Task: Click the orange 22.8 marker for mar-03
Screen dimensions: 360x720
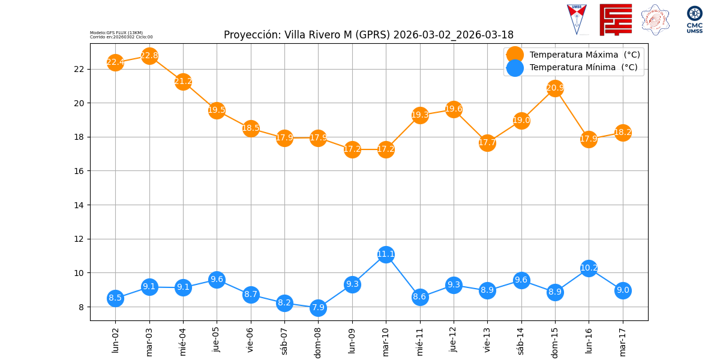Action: pyautogui.click(x=149, y=56)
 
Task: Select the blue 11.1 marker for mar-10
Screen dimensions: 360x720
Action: pyautogui.click(x=386, y=254)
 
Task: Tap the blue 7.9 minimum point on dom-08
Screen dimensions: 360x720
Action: pyautogui.click(x=318, y=308)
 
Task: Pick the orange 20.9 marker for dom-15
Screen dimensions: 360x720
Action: pyautogui.click(x=555, y=88)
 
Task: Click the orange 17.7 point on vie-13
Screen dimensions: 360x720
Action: pyautogui.click(x=487, y=143)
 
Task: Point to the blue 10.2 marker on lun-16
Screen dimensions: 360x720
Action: pyautogui.click(x=589, y=268)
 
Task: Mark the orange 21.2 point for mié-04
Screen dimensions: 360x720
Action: pyautogui.click(x=183, y=82)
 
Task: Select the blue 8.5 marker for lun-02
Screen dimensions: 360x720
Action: pyautogui.click(x=115, y=298)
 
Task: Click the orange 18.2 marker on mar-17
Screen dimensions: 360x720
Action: pyautogui.click(x=623, y=133)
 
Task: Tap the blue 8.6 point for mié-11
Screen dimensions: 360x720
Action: pyautogui.click(x=420, y=296)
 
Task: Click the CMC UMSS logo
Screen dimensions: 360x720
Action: pyautogui.click(x=695, y=19)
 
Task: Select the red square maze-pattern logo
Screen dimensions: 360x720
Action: pyautogui.click(x=616, y=19)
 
